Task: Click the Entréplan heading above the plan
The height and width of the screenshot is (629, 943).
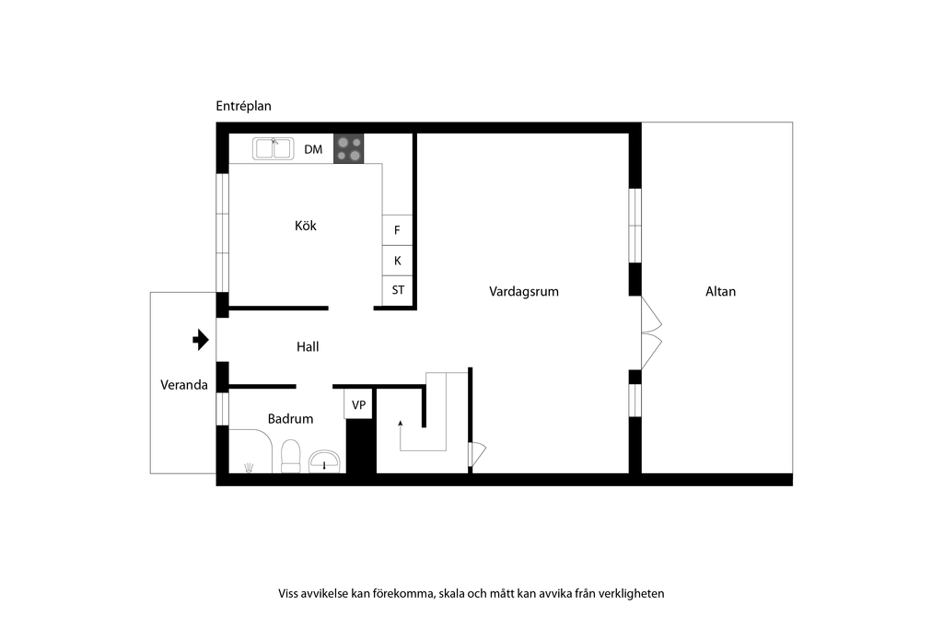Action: (x=243, y=107)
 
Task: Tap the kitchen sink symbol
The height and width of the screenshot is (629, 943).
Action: (x=273, y=148)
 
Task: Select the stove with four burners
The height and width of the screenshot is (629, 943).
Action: (x=349, y=148)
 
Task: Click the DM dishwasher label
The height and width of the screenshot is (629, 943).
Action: (x=313, y=149)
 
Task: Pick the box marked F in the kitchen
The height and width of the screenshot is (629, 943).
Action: (x=397, y=229)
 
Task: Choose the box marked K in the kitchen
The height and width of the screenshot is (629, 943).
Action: (x=397, y=261)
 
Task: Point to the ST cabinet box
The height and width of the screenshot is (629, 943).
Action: (x=398, y=290)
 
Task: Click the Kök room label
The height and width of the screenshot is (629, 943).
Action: (x=306, y=226)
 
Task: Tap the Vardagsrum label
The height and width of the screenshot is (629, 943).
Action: (x=524, y=292)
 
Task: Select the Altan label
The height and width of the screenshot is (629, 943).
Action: (x=720, y=292)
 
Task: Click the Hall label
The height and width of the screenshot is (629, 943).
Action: (x=308, y=346)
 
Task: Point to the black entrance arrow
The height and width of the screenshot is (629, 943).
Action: (x=201, y=340)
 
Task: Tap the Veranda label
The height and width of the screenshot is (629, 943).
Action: (x=184, y=385)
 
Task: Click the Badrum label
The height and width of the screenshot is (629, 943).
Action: (x=290, y=418)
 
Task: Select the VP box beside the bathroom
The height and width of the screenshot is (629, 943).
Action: (x=358, y=404)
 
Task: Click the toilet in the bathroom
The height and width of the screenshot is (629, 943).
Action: (x=291, y=457)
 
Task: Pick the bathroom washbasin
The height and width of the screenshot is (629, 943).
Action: (x=325, y=461)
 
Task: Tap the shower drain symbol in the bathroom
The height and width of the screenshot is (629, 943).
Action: (x=249, y=467)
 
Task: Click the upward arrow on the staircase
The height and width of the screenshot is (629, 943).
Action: (x=401, y=434)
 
